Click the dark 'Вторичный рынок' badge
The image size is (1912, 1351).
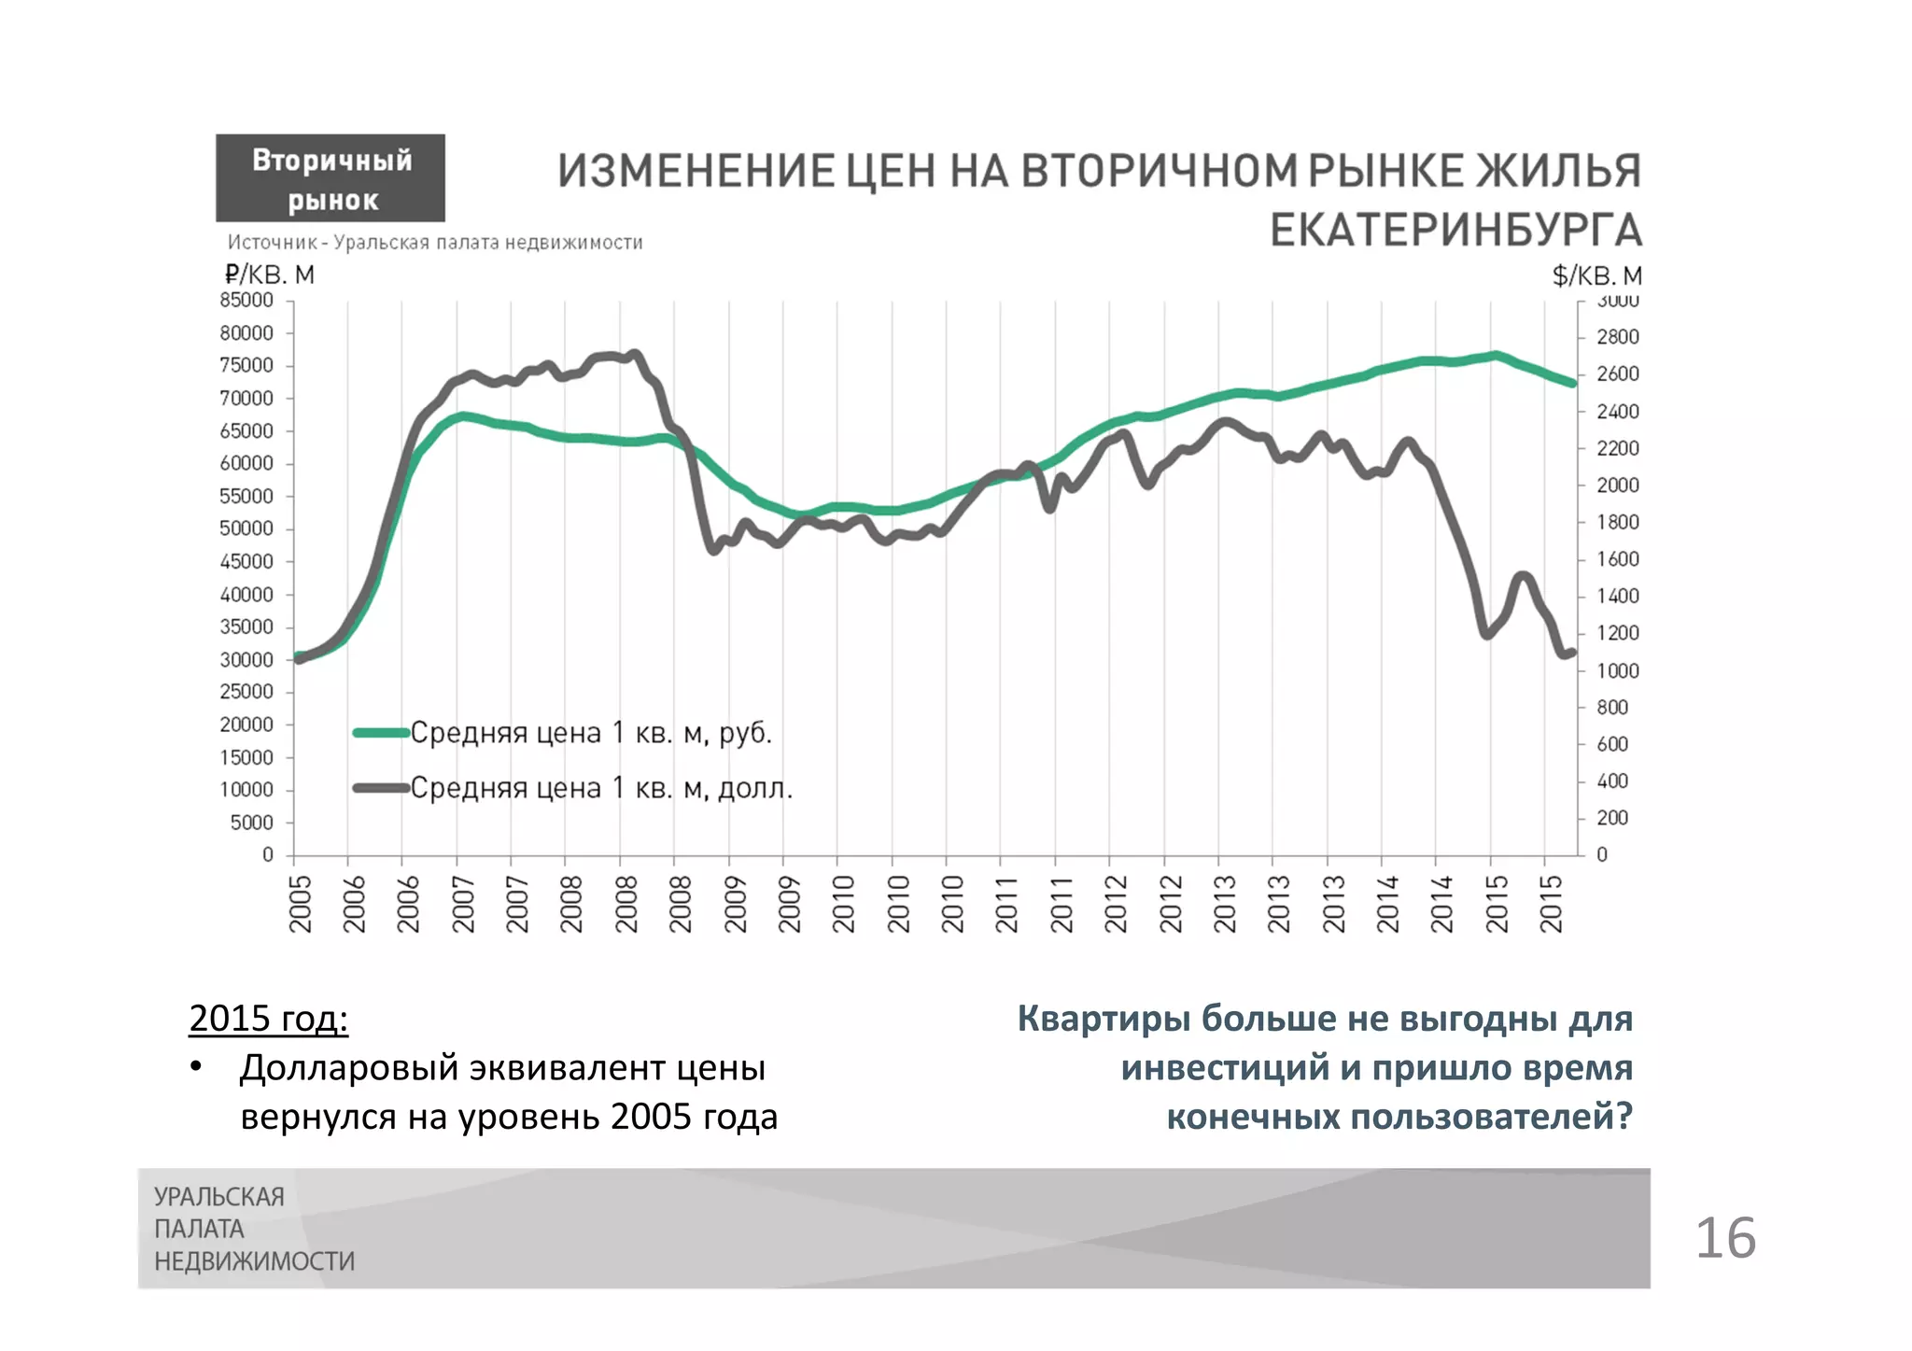pyautogui.click(x=330, y=178)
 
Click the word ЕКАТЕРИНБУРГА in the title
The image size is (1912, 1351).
pyautogui.click(x=1455, y=230)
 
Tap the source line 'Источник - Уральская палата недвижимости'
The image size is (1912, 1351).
pyautogui.click(x=435, y=243)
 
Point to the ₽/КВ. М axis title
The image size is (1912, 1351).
pyautogui.click(x=269, y=274)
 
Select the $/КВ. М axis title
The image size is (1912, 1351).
pyautogui.click(x=1596, y=275)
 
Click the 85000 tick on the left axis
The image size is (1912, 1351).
pyautogui.click(x=246, y=301)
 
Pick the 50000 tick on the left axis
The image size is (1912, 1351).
pyautogui.click(x=246, y=528)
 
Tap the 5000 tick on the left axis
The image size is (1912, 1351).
pyautogui.click(x=252, y=823)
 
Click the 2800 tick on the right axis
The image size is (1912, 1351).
pyautogui.click(x=1617, y=337)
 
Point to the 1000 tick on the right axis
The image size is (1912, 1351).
pyautogui.click(x=1617, y=670)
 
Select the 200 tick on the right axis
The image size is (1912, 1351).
pyautogui.click(x=1612, y=818)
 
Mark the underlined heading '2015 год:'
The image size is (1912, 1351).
pyautogui.click(x=269, y=1018)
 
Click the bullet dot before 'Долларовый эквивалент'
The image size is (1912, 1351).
pyautogui.click(x=196, y=1067)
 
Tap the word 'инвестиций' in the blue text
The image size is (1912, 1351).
pyautogui.click(x=1225, y=1067)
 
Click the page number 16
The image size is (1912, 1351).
pyautogui.click(x=1725, y=1238)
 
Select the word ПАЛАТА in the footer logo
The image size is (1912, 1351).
pyautogui.click(x=199, y=1229)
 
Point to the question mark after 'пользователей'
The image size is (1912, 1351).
pyautogui.click(x=1624, y=1116)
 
